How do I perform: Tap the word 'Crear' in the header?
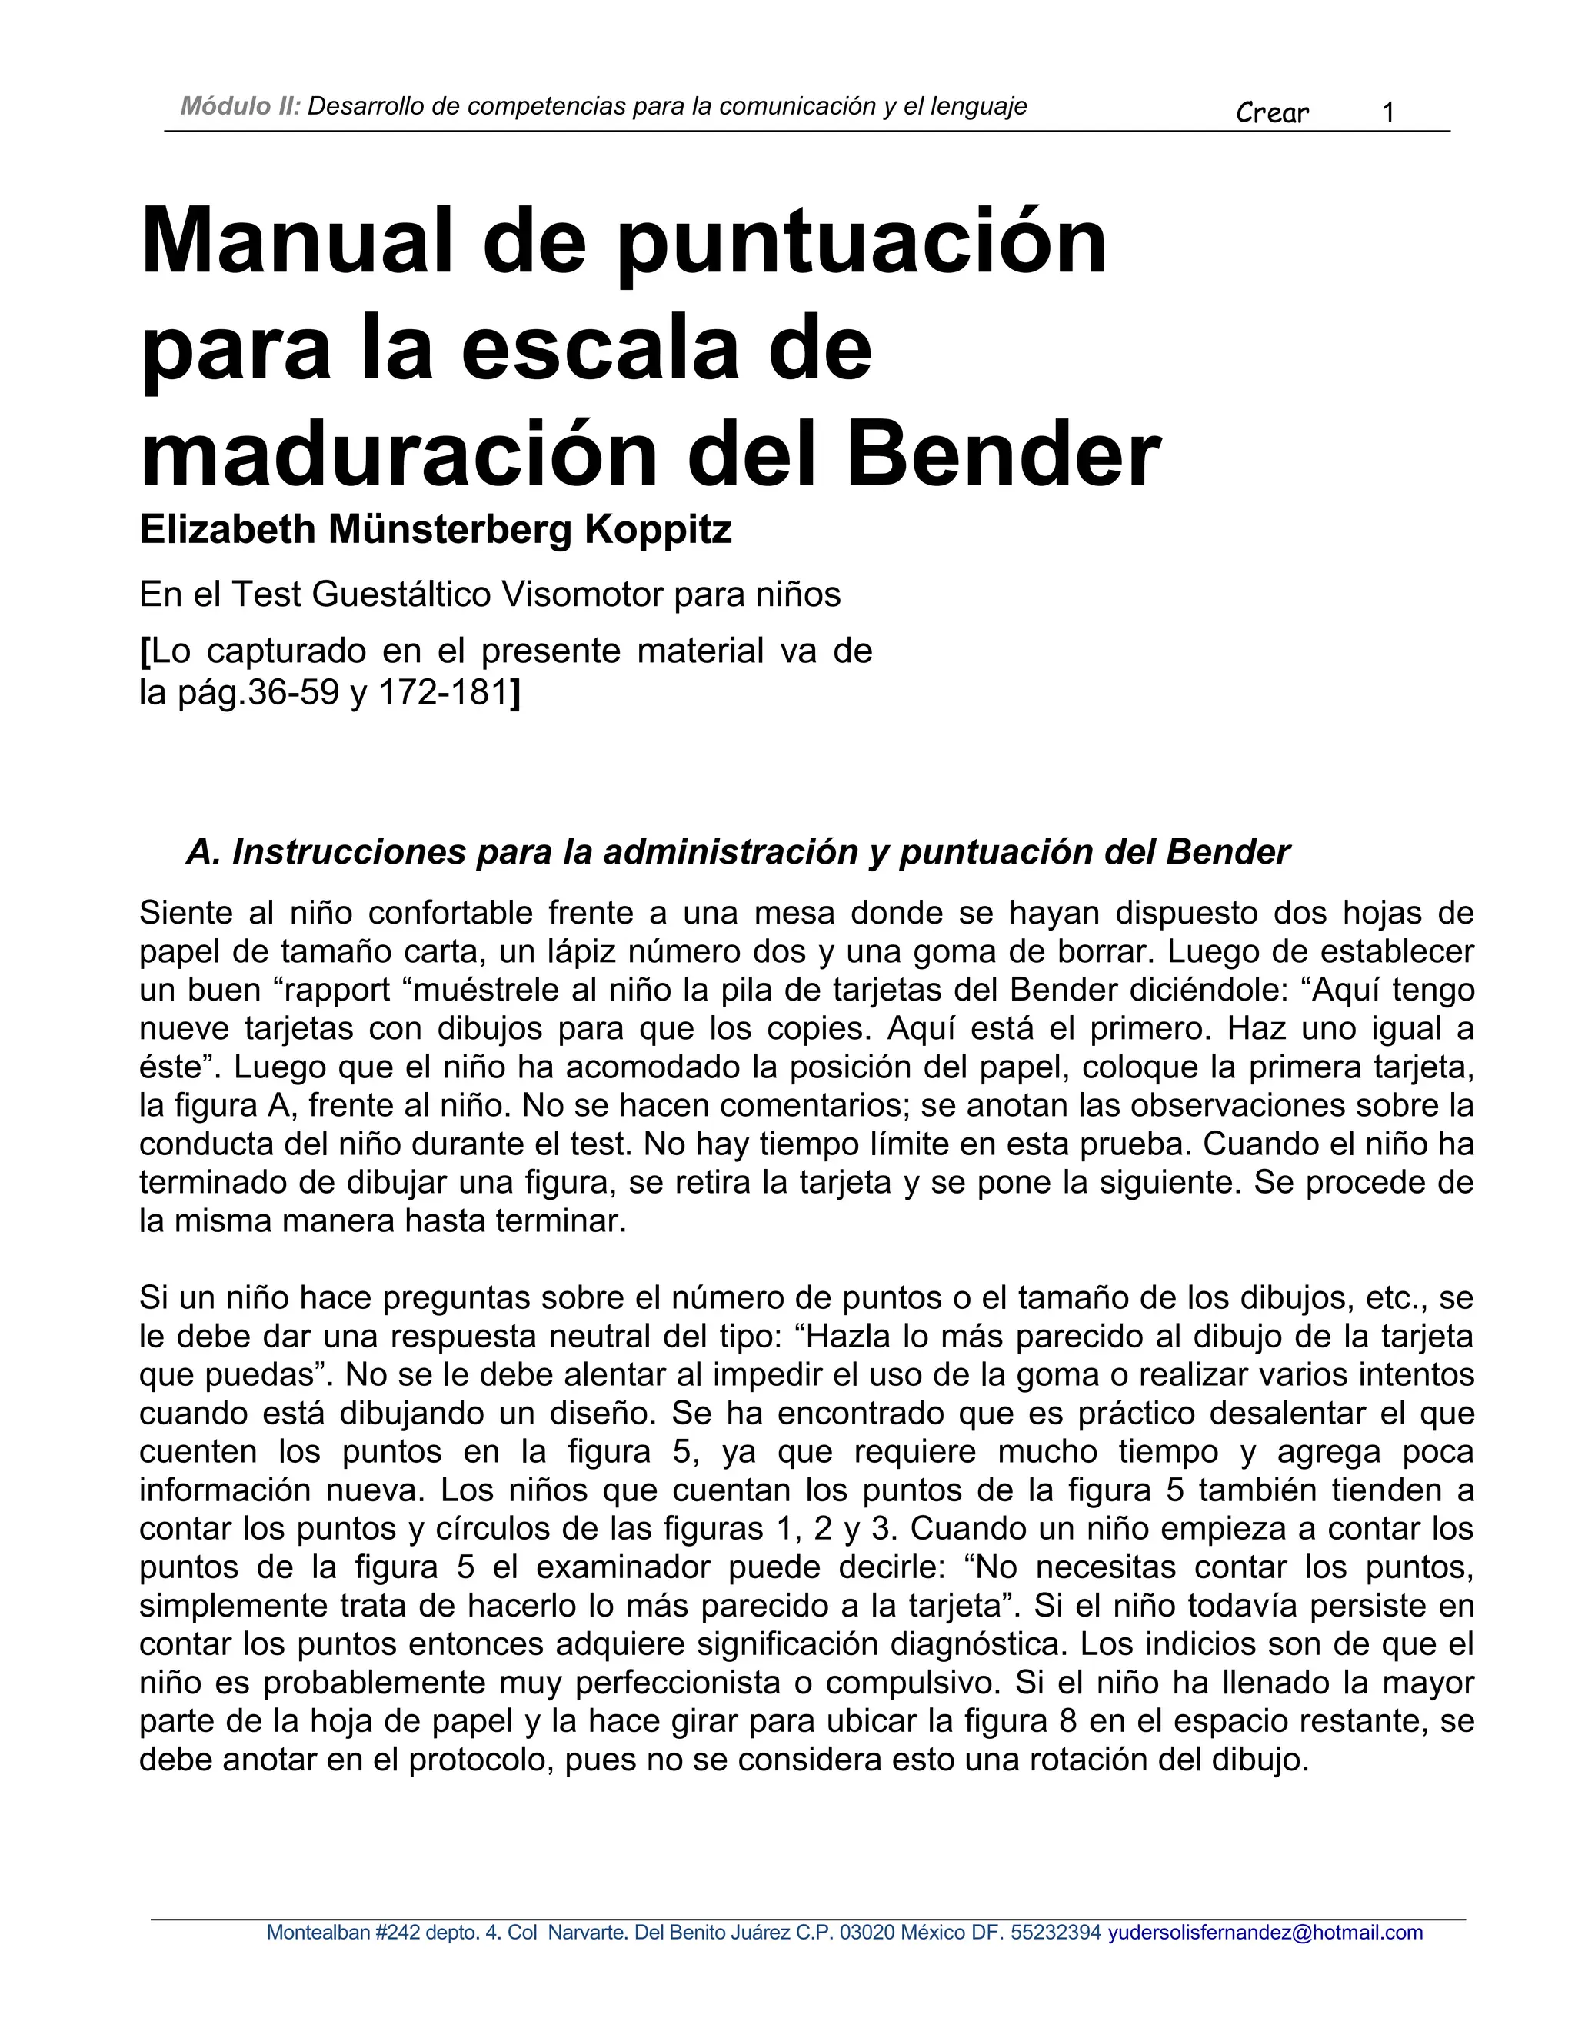pyautogui.click(x=1272, y=113)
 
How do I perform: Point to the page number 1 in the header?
pyautogui.click(x=1387, y=113)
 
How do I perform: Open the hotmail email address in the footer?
pyautogui.click(x=1265, y=1925)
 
